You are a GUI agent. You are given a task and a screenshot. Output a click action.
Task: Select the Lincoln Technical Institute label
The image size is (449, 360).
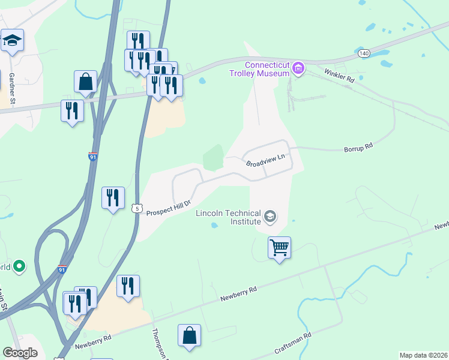tap(228, 218)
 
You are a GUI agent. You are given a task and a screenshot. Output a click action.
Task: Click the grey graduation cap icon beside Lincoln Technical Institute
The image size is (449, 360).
tap(270, 215)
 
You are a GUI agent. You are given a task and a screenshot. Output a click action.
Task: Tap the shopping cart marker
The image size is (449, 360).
tap(279, 247)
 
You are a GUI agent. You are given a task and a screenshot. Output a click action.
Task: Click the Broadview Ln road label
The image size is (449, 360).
tap(264, 160)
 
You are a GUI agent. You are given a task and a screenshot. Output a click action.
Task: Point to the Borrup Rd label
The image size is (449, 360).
tap(358, 146)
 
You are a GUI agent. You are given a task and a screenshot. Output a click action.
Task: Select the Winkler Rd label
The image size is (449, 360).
tap(339, 75)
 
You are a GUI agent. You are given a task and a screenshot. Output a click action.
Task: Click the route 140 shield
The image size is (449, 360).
tap(364, 53)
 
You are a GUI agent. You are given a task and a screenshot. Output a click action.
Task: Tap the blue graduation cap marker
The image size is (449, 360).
tap(12, 40)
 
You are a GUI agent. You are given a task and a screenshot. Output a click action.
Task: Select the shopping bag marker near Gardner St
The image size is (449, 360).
tap(85, 82)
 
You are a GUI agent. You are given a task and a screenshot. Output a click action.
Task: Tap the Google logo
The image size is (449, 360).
tap(20, 353)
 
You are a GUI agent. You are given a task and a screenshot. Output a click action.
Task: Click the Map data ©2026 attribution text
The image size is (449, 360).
tap(423, 355)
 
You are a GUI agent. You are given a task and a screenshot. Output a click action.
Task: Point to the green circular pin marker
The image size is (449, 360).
tap(19, 265)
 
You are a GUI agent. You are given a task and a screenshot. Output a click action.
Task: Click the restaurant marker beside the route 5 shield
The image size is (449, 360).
tap(113, 197)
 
